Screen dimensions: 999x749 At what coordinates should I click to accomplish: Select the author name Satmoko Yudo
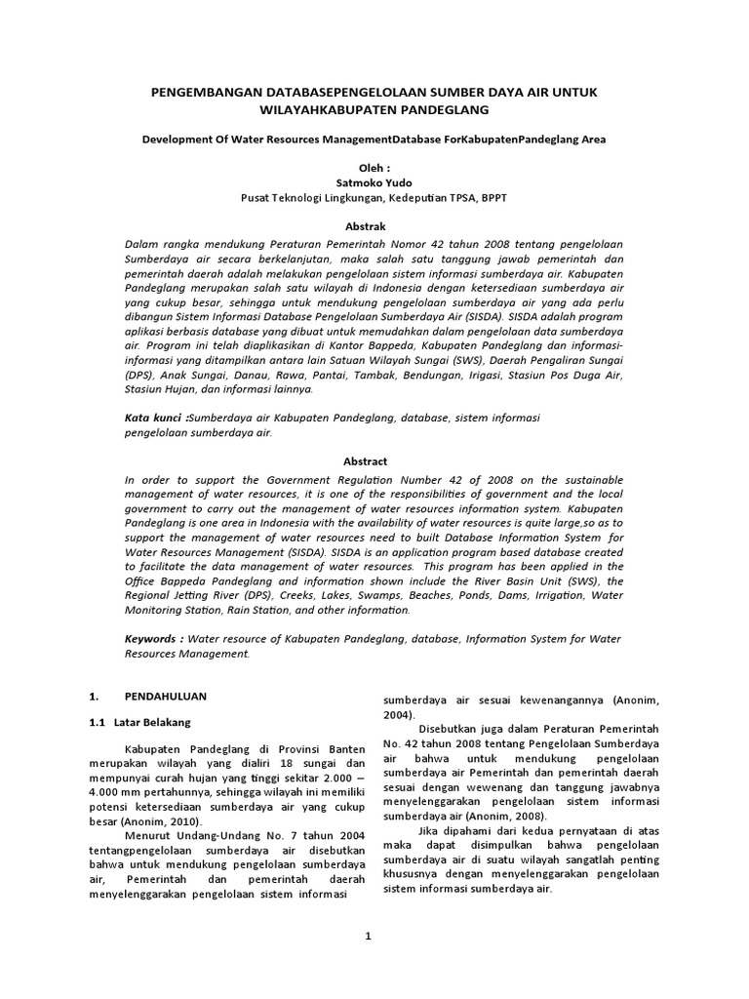[x=374, y=182]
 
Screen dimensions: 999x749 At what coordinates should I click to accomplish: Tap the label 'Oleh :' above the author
[x=374, y=168]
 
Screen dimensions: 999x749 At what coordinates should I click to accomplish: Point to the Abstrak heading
[x=374, y=226]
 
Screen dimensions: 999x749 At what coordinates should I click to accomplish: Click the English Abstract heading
[x=366, y=460]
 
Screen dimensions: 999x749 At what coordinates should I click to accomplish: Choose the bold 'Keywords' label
[x=154, y=638]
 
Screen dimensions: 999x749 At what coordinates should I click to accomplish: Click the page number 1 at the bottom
[x=369, y=937]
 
